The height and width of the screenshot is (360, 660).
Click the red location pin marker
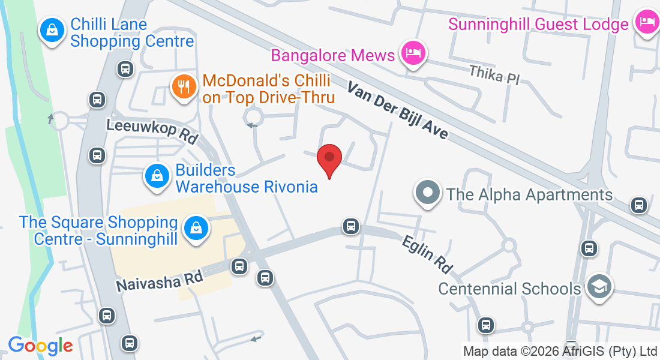pos(329,159)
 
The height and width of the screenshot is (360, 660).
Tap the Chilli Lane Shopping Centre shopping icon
pos(53,30)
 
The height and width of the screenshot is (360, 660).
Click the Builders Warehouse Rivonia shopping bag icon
pos(157,176)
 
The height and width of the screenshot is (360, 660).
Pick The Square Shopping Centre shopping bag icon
pos(196,229)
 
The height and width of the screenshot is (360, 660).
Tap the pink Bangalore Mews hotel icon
pos(413,53)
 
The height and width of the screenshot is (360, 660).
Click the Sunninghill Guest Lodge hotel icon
pos(647,23)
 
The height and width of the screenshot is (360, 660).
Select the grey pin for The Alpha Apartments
pos(427,194)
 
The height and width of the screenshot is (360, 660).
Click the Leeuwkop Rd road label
pos(152,130)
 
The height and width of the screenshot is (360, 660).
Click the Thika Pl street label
pos(494,74)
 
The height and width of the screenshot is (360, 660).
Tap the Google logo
pos(40,345)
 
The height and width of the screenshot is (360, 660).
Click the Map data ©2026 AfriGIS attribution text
pos(560,351)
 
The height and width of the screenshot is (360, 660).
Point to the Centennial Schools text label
pos(509,289)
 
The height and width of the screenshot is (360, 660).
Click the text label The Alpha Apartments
pos(529,194)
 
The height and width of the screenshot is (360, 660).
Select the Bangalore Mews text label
pos(333,55)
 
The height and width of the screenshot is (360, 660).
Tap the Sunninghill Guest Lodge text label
pos(538,25)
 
